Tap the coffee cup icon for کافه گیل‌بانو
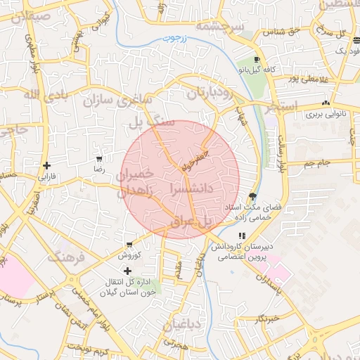257,59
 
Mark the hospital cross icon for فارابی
47,167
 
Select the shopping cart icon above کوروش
129,244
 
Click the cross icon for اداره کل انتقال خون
127,271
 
